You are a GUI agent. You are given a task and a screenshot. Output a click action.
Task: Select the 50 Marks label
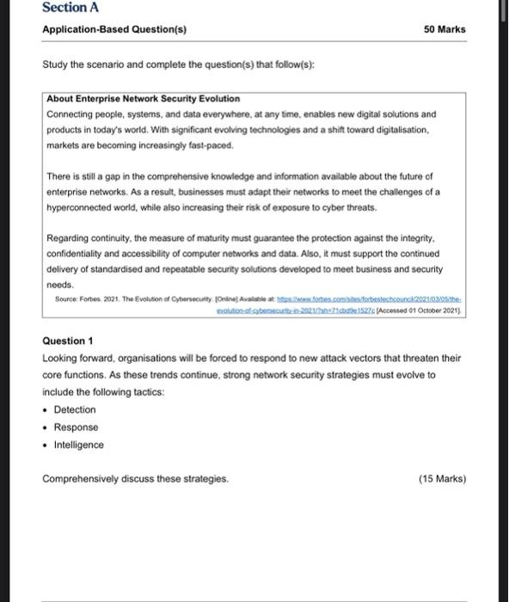(445, 29)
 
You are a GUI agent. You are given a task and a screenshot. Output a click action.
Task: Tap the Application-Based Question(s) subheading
(115, 29)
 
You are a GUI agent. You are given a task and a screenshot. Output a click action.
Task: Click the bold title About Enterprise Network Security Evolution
(143, 99)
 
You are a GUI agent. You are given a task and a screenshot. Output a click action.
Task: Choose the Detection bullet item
(75, 409)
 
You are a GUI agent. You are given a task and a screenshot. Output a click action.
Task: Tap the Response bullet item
(76, 427)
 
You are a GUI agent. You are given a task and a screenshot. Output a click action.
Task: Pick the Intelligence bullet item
(78, 445)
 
